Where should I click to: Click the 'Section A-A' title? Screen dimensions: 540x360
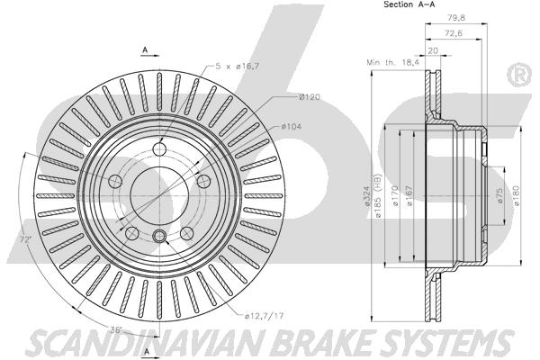(409, 4)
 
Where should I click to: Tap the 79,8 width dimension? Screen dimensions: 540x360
(456, 18)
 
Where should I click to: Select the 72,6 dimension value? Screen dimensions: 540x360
(454, 33)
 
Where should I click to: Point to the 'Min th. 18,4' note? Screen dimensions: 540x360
(393, 62)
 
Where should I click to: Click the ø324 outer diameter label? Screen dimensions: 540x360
(367, 196)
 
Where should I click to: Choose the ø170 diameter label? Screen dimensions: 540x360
(395, 195)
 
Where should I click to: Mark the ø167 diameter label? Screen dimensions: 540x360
(409, 195)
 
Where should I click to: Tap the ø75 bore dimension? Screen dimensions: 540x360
(500, 195)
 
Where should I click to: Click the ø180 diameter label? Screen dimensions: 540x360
(517, 195)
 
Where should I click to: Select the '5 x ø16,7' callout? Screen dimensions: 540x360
(238, 66)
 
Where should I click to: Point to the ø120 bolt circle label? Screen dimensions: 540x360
(310, 97)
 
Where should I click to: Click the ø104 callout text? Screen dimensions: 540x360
(292, 127)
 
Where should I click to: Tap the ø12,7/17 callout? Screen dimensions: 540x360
(264, 315)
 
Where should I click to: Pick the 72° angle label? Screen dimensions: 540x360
(25, 239)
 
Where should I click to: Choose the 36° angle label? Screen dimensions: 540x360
(116, 329)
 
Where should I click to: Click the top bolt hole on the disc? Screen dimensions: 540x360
(159, 149)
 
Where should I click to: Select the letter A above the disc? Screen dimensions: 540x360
(145, 50)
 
